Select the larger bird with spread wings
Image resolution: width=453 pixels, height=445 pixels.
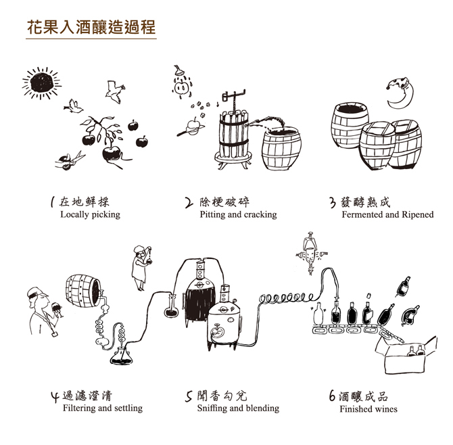point(115,91)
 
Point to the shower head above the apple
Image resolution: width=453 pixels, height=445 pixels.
point(179,70)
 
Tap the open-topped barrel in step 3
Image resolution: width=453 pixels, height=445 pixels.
point(350,126)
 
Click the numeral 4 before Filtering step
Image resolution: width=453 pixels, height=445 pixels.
point(55,397)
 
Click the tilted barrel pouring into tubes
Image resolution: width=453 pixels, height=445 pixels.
point(83,291)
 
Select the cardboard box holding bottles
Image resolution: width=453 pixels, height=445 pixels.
point(406,354)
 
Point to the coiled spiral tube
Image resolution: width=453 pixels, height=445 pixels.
point(286,298)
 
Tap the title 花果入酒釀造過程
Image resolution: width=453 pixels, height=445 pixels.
point(91,27)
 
